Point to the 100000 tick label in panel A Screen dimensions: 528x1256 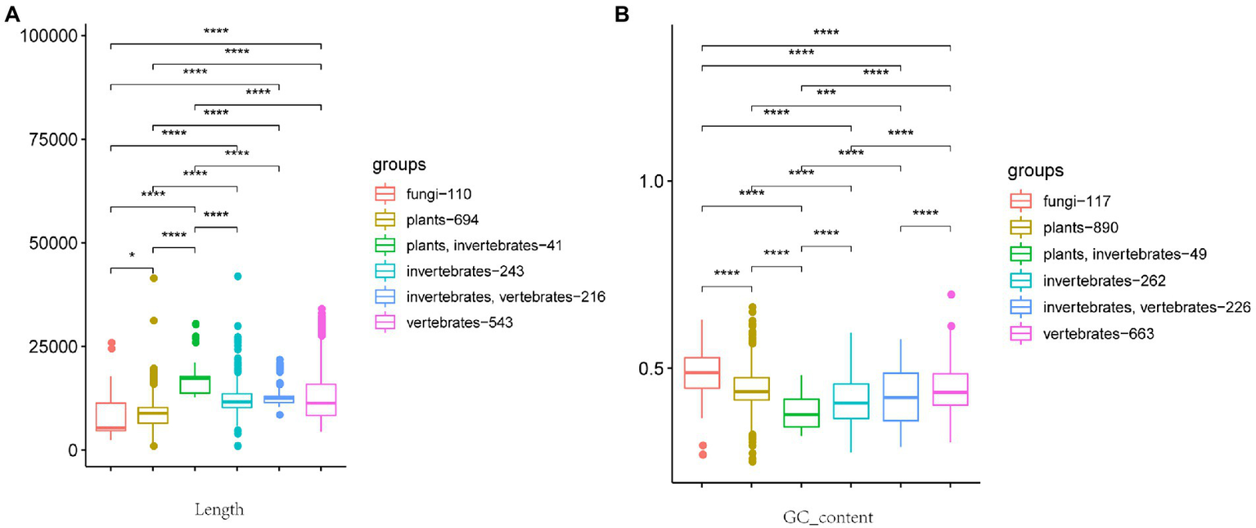pyautogui.click(x=47, y=36)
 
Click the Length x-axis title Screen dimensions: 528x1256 pyautogui.click(x=215, y=509)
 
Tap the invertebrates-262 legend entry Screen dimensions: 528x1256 pyautogui.click(x=1099, y=280)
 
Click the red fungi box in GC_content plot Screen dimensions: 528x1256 pyautogui.click(x=701, y=373)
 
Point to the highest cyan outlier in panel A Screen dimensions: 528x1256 pyautogui.click(x=237, y=277)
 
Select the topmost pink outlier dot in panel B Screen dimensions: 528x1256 pyautogui.click(x=951, y=295)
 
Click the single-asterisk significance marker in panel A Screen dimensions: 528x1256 pyautogui.click(x=132, y=256)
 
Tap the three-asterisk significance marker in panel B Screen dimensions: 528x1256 pyautogui.click(x=826, y=93)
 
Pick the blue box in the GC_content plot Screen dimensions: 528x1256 pyautogui.click(x=901, y=397)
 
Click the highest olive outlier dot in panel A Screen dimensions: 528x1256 pyautogui.click(x=153, y=279)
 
